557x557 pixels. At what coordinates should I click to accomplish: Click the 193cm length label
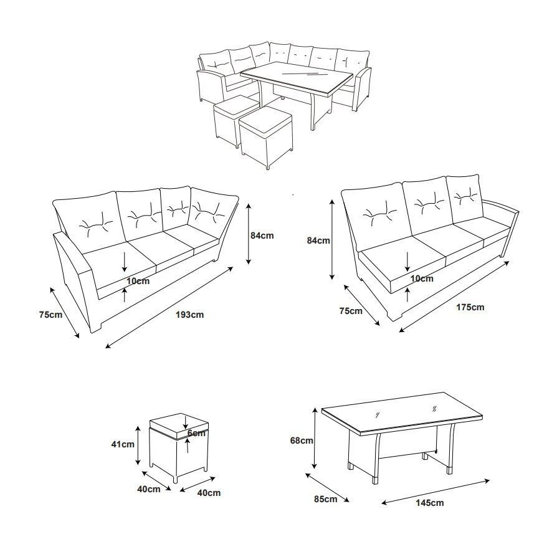tap(189, 315)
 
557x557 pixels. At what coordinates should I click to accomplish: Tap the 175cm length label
tap(470, 307)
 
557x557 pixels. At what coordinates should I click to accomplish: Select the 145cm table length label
tap(429, 503)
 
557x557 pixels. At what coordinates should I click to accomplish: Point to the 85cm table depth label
tap(325, 499)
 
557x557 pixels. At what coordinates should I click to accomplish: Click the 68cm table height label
tap(302, 440)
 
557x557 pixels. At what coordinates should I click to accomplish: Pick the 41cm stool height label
tap(123, 444)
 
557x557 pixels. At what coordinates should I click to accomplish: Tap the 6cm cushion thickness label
tap(196, 433)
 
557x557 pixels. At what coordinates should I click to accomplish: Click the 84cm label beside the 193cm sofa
tap(262, 236)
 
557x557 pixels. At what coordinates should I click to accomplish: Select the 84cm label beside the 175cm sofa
tap(318, 240)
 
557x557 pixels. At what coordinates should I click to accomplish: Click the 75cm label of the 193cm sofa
tap(51, 315)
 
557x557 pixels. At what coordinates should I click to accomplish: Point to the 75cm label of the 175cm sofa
tap(351, 311)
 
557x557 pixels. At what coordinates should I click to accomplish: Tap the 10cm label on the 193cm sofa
tap(138, 281)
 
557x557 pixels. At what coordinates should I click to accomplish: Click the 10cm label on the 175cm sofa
tap(422, 278)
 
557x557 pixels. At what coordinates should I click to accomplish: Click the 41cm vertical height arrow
tap(138, 445)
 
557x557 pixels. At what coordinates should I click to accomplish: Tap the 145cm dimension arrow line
tap(436, 492)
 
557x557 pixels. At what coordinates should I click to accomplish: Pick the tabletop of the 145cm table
tap(402, 414)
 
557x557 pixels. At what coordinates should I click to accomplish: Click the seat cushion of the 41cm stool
tap(179, 426)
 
